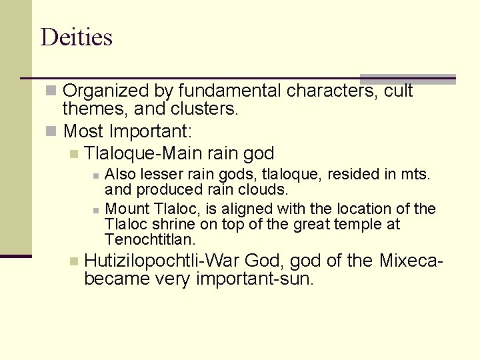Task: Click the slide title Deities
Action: click(76, 37)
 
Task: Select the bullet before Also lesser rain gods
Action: click(97, 175)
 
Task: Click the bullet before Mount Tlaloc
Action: click(97, 209)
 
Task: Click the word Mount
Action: click(128, 209)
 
